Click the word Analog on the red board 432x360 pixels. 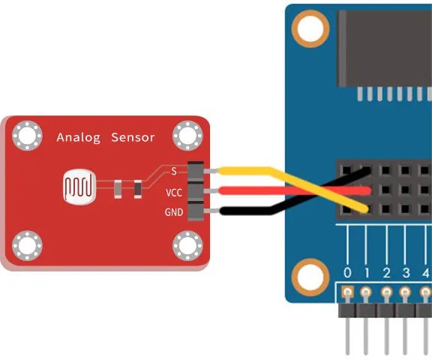(x=79, y=138)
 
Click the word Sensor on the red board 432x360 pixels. (x=133, y=137)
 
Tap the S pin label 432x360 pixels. (x=174, y=171)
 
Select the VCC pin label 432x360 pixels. (x=174, y=193)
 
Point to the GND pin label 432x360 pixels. (x=174, y=212)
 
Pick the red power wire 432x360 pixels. (x=294, y=190)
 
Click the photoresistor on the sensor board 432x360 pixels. (x=79, y=187)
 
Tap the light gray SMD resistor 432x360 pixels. (x=118, y=189)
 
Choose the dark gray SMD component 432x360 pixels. (x=138, y=189)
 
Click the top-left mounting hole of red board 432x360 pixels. (x=27, y=136)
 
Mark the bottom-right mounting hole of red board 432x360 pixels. (x=187, y=245)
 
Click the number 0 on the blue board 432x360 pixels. (x=347, y=273)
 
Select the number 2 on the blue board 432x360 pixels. (x=386, y=273)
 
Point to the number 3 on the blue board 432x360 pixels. (x=406, y=273)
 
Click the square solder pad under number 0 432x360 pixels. (x=347, y=292)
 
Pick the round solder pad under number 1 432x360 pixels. (x=365, y=292)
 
